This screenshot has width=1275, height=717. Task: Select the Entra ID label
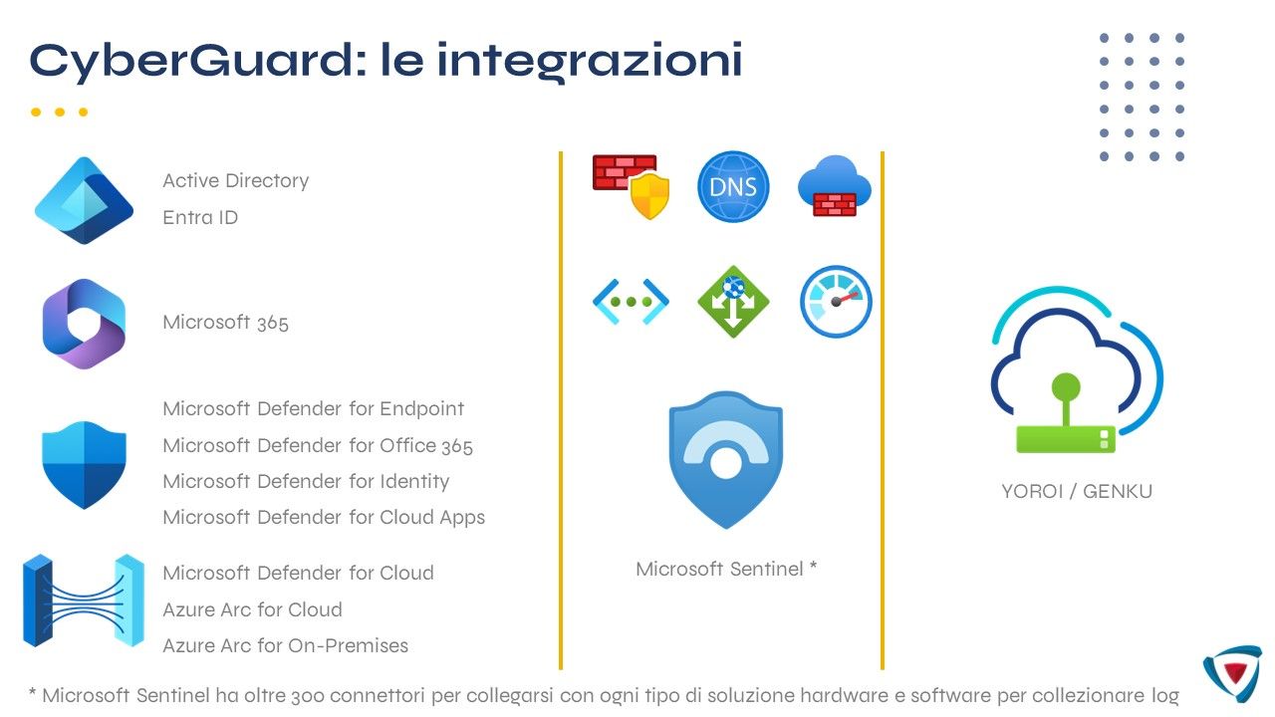200,217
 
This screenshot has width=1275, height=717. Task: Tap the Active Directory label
236,180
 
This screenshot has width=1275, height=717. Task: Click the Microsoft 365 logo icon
84,324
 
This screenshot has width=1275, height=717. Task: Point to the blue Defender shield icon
84,464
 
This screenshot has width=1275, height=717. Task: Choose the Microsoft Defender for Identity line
306,481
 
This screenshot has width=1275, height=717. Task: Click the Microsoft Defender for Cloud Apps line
324,517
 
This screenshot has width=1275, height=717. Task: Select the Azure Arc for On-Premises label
285,645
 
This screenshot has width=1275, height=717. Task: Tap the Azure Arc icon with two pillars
84,600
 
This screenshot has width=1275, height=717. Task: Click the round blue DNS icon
733,186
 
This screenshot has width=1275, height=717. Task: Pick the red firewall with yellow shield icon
631,185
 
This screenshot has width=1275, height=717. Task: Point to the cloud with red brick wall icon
835,186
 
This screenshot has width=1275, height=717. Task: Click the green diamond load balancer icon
733,301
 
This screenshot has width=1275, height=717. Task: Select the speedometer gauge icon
836,301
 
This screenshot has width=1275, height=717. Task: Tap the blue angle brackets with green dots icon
631,301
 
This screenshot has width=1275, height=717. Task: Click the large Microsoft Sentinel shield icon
726,458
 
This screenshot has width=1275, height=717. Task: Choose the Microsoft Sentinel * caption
726,569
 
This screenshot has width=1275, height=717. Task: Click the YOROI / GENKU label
1077,491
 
